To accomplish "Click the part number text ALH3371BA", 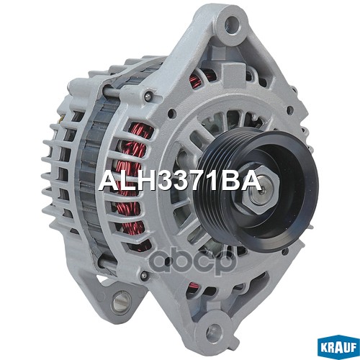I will tap(178, 181).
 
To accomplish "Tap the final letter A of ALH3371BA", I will tap(248, 181).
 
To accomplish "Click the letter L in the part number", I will tap(123, 181).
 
